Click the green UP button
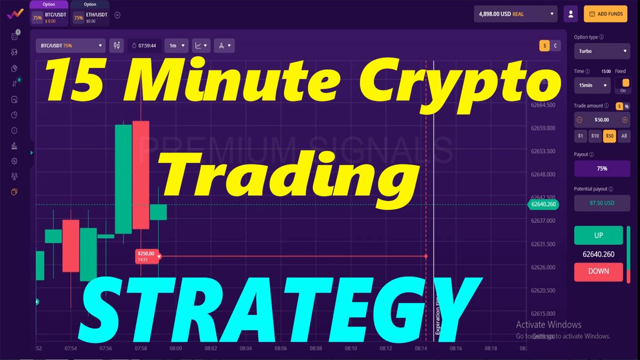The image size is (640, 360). pyautogui.click(x=598, y=235)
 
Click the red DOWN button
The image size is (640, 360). pyautogui.click(x=598, y=271)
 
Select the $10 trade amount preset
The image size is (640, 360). pyautogui.click(x=595, y=136)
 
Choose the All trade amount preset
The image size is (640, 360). pyautogui.click(x=624, y=136)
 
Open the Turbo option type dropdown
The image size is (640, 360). pyautogui.click(x=602, y=51)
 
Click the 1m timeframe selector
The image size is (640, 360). pyautogui.click(x=177, y=46)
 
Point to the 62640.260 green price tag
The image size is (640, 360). pyautogui.click(x=543, y=204)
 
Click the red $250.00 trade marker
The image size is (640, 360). pyautogui.click(x=147, y=256)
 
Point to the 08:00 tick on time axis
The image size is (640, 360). pyautogui.click(x=175, y=348)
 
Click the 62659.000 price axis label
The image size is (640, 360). pyautogui.click(x=543, y=128)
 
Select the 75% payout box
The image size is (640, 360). pyautogui.click(x=602, y=169)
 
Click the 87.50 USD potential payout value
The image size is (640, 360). pyautogui.click(x=602, y=203)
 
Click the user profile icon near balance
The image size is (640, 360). pyautogui.click(x=571, y=14)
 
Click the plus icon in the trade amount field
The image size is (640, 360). pyautogui.click(x=625, y=120)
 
